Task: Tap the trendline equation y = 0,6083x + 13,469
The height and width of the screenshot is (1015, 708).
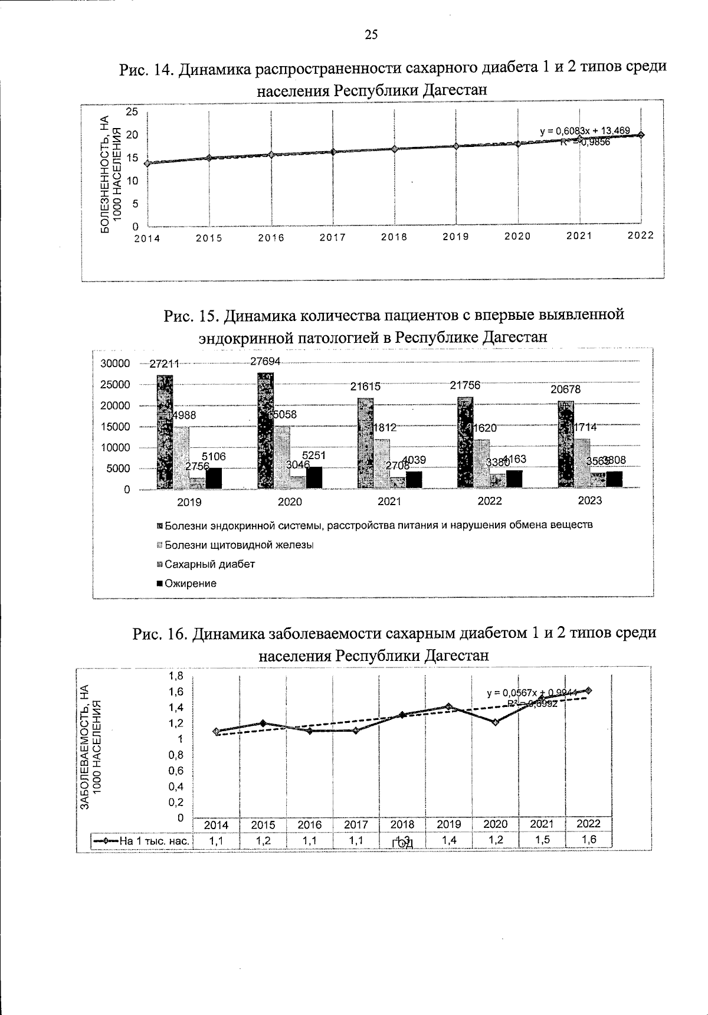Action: [x=585, y=130]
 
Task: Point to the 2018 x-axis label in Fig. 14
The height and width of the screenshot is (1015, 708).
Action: [x=394, y=237]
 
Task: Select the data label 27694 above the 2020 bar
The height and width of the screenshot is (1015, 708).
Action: [x=265, y=361]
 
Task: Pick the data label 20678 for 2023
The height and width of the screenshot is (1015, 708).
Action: [x=566, y=389]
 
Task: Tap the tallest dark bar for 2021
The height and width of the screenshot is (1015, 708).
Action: [x=365, y=443]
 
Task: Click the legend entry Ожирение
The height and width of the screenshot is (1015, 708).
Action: [x=190, y=584]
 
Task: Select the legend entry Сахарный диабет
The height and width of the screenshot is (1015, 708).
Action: [x=209, y=564]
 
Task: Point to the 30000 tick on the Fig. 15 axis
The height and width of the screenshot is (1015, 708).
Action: [x=116, y=364]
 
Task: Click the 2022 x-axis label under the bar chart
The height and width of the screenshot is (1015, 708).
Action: [x=489, y=501]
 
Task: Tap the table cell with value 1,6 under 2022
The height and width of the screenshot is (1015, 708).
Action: [x=588, y=840]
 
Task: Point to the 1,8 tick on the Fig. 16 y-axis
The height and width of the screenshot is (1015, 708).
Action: [x=176, y=676]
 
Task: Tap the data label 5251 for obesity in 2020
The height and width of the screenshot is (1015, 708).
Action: [x=314, y=456]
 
